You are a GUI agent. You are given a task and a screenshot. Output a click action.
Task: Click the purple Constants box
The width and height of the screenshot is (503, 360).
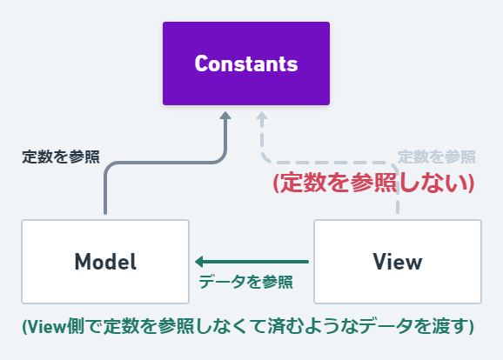246,63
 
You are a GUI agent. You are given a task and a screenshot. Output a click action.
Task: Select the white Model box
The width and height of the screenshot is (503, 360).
105,261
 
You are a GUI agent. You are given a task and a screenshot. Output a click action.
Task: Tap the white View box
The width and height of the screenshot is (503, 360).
397,261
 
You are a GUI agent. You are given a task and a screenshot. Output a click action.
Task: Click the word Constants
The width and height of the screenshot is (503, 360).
246,63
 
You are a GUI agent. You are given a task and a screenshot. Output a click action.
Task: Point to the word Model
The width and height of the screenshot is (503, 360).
105,261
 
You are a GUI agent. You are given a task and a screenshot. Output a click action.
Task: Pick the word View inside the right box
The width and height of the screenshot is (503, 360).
397,261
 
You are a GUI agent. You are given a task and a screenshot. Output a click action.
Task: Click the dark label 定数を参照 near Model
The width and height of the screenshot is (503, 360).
60,157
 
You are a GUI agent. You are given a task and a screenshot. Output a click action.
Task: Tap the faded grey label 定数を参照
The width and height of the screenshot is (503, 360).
436,157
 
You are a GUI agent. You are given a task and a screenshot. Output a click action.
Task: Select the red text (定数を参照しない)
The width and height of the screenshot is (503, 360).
372,183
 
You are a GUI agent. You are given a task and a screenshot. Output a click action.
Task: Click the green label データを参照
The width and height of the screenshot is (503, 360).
245,282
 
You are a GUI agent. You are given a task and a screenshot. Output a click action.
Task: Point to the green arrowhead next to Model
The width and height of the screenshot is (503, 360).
199,261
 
